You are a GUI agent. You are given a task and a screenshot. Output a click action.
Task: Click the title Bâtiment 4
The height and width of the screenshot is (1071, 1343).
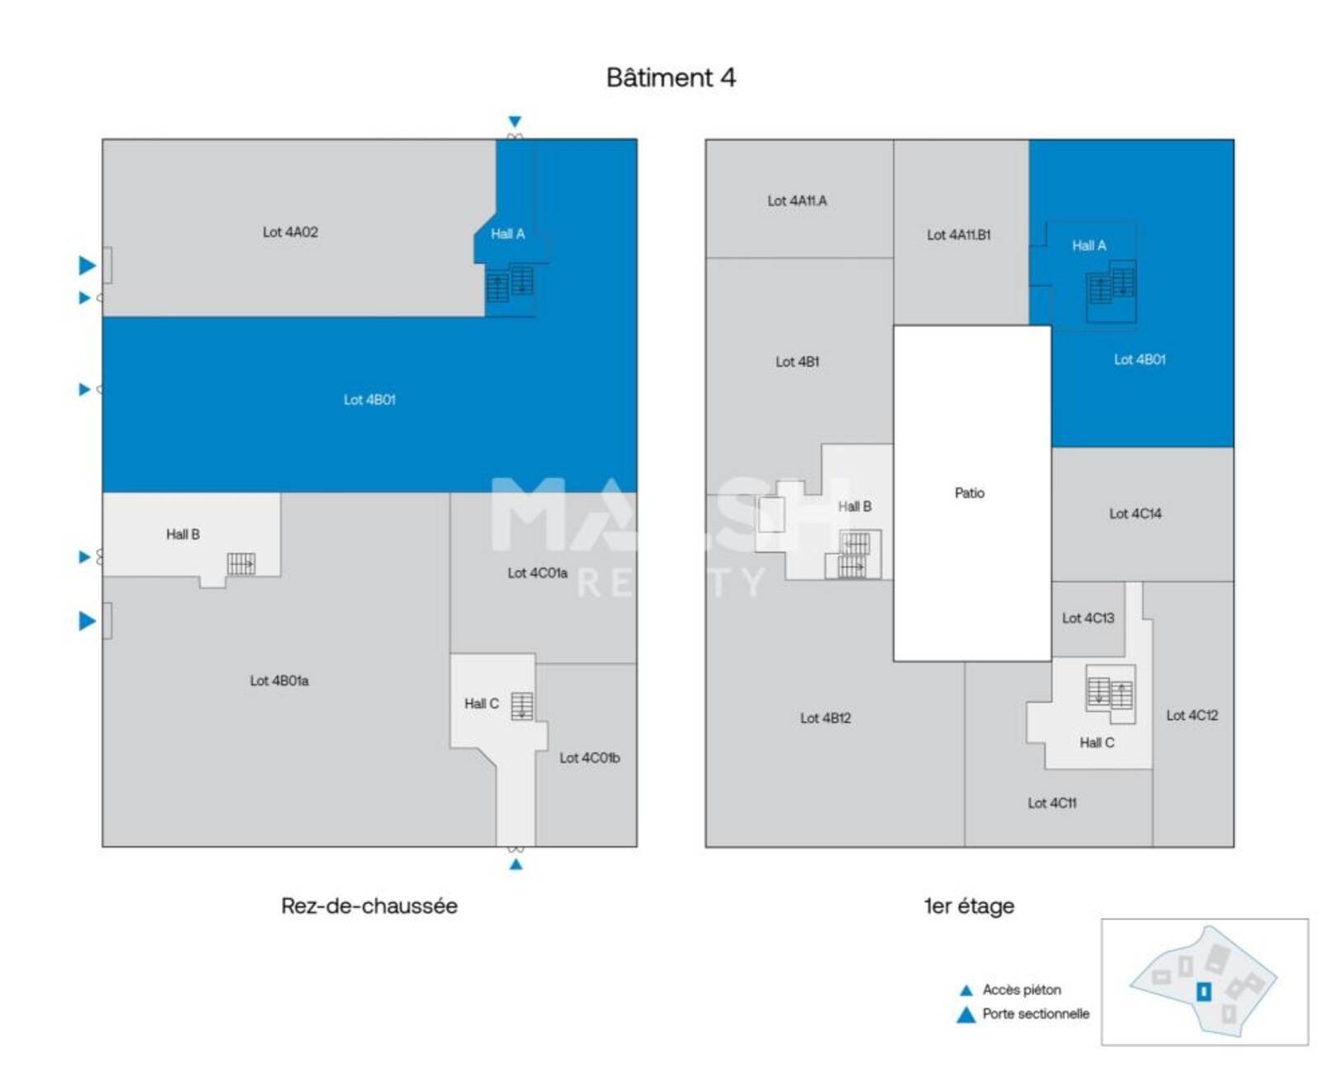tap(671, 77)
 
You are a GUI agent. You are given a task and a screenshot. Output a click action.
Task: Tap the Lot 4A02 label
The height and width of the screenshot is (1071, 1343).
tap(290, 232)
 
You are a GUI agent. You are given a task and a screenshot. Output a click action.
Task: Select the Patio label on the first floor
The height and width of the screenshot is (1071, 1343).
tap(969, 493)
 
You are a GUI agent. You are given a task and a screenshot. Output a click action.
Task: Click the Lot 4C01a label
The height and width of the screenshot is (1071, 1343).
tap(537, 573)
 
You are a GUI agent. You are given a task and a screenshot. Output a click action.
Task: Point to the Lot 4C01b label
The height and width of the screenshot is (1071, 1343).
tap(590, 758)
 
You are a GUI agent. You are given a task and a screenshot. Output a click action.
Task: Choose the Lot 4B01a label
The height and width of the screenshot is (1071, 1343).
tap(279, 681)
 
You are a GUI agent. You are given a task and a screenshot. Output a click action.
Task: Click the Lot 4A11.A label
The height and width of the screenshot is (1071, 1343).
tap(797, 201)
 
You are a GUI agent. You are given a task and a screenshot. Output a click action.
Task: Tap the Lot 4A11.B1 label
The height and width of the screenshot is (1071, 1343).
tap(958, 236)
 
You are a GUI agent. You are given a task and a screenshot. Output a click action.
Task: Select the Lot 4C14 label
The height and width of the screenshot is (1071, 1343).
tap(1135, 513)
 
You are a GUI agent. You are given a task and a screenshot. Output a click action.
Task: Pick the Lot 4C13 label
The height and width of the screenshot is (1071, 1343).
tap(1088, 618)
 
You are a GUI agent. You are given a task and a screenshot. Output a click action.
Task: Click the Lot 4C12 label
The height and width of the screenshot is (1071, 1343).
tap(1192, 715)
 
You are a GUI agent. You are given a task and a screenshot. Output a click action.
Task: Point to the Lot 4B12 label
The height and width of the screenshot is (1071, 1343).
tap(825, 718)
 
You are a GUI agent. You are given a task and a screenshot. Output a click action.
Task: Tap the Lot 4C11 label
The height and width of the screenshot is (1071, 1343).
tap(1052, 803)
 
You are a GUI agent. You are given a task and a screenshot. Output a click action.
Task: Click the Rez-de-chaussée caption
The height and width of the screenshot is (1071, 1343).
tap(369, 905)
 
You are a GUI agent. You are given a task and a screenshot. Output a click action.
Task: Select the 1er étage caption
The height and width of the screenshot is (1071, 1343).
tap(969, 906)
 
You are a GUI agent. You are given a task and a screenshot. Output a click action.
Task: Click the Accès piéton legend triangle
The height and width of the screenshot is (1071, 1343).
tap(966, 990)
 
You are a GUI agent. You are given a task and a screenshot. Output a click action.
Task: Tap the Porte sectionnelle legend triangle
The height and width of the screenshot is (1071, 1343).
tap(966, 1016)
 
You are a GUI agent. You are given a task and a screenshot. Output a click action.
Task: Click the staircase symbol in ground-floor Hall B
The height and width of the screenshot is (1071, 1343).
tap(241, 564)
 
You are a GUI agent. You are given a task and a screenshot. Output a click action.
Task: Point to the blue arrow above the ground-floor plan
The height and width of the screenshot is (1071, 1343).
tap(514, 121)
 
